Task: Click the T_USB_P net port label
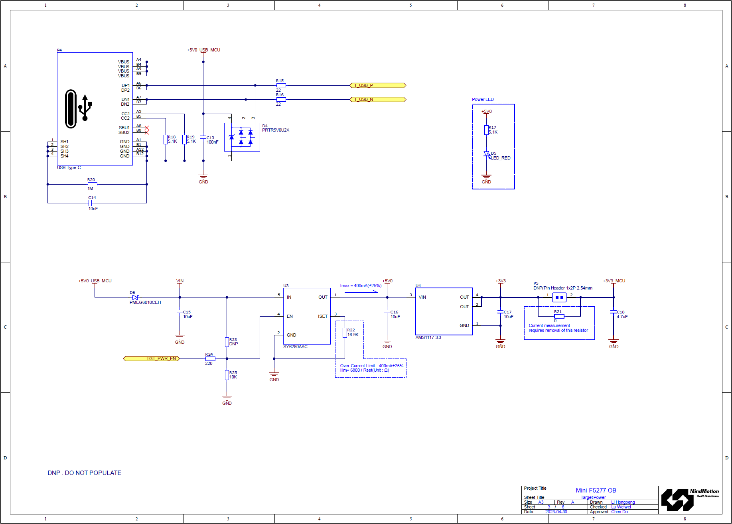tap(377, 85)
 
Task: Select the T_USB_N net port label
tap(377, 99)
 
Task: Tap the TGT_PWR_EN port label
tap(152, 359)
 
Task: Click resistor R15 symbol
tap(281, 85)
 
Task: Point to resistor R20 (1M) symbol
tap(92, 184)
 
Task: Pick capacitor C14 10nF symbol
tap(91, 203)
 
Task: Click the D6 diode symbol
tap(135, 297)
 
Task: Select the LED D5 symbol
tap(486, 154)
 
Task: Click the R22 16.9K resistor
tap(345, 333)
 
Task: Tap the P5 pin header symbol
tap(559, 297)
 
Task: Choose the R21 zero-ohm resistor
tap(559, 316)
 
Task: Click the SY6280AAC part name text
tap(295, 347)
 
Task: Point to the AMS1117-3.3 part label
tap(428, 338)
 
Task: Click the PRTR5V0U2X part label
tap(276, 130)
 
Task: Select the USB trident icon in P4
tap(85, 108)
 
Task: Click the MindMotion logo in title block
tap(690, 500)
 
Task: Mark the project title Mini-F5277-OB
tap(596, 491)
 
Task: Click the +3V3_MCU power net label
tap(614, 281)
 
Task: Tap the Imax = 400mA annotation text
tap(361, 286)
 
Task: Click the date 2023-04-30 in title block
tap(556, 512)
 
